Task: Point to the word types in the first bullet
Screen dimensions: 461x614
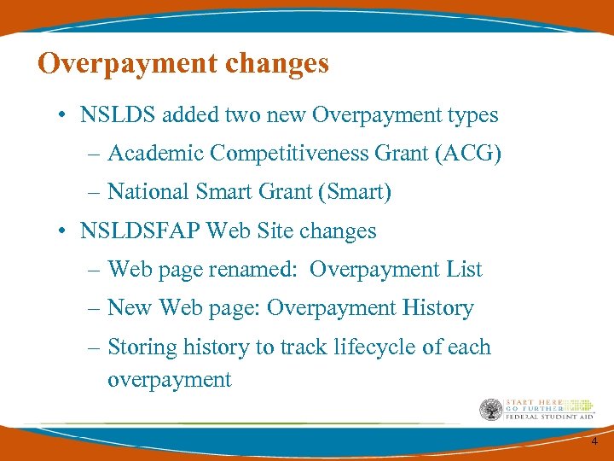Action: (x=472, y=114)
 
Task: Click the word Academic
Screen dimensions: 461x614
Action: (x=155, y=154)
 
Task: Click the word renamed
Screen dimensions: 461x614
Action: (x=257, y=270)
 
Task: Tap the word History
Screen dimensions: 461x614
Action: (x=436, y=308)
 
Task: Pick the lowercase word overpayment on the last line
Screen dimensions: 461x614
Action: (x=170, y=380)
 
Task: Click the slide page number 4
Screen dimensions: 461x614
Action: (x=594, y=441)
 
